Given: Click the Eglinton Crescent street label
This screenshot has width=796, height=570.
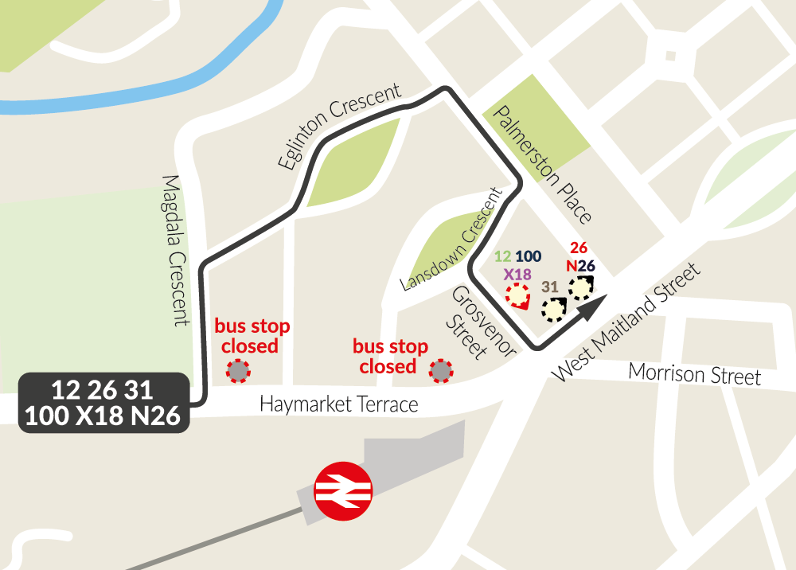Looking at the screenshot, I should click(340, 127).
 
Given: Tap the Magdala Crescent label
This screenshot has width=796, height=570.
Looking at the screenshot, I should click(176, 251).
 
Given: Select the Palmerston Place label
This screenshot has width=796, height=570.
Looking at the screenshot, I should click(542, 165).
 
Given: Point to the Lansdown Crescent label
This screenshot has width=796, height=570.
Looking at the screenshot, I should click(455, 239).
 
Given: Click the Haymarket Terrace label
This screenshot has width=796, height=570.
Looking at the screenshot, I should click(338, 404).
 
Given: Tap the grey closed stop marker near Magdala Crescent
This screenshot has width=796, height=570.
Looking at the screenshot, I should click(237, 370).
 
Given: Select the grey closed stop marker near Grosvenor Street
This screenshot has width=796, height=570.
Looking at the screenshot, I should click(440, 370).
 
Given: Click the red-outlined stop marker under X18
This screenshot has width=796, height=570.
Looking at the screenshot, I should click(518, 296).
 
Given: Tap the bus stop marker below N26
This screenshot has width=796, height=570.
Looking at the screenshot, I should click(581, 287).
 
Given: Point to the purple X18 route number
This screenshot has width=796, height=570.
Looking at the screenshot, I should click(517, 273).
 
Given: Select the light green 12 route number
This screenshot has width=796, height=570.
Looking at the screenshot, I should click(502, 256).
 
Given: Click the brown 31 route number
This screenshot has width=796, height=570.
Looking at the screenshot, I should click(549, 287).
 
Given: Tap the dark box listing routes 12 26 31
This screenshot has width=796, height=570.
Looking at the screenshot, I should click(103, 403).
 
